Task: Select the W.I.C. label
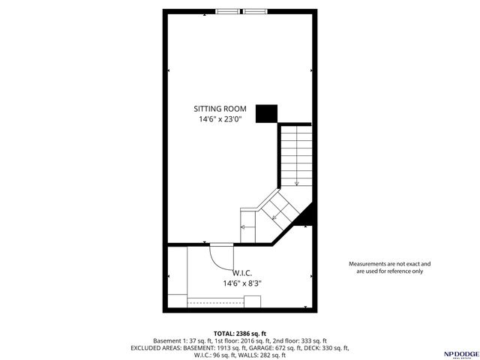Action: pos(241,273)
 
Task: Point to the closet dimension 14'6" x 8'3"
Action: pos(241,283)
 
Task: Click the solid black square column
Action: pos(266,113)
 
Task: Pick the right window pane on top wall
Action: pos(254,10)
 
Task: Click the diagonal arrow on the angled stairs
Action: pos(276,217)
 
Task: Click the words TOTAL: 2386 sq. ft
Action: pos(240,333)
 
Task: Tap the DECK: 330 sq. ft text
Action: pos(324,348)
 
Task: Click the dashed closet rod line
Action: pos(214,301)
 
